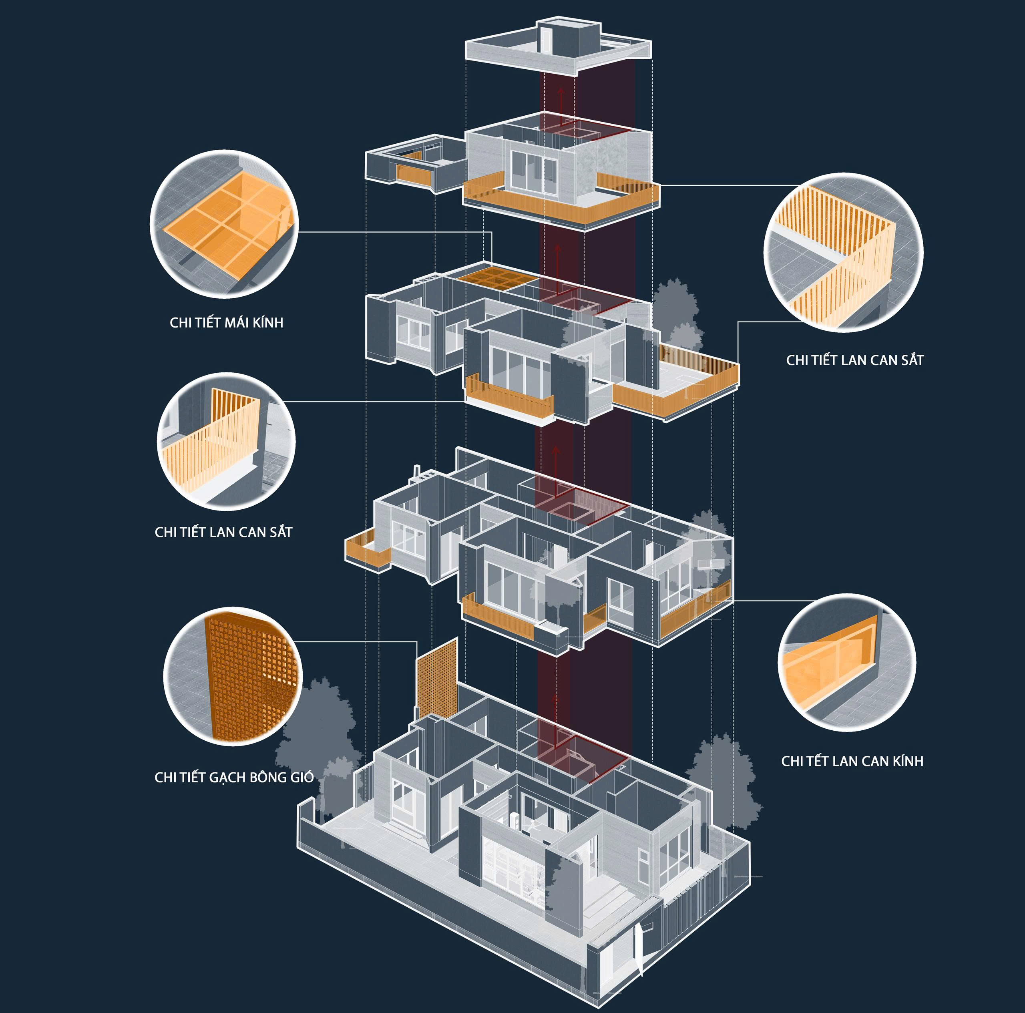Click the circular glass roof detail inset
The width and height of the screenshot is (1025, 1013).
click(224, 223)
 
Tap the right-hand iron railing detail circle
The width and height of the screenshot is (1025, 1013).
click(843, 253)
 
